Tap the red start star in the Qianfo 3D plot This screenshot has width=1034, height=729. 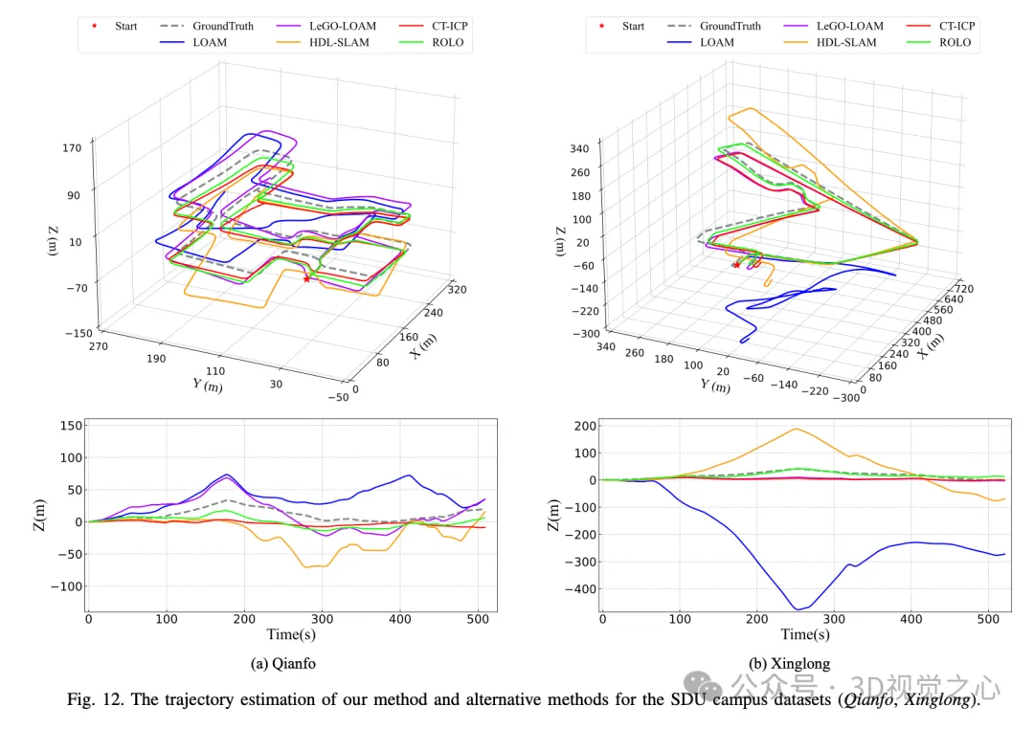coord(306,278)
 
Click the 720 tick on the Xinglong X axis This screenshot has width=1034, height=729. coord(964,288)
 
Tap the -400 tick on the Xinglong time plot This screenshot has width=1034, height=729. coord(582,588)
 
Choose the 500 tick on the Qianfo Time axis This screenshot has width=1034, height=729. coord(479,620)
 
